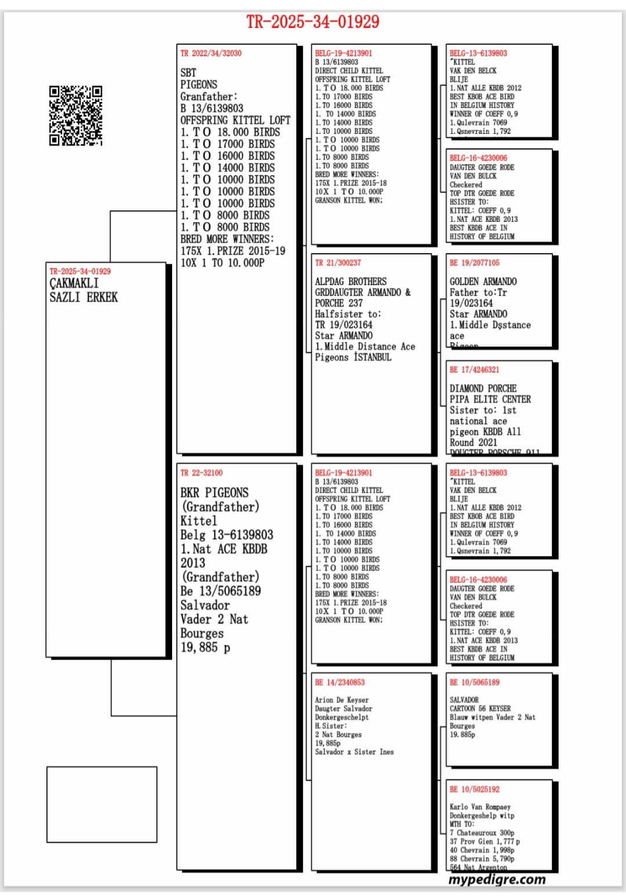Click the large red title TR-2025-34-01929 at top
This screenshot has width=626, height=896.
coord(312,22)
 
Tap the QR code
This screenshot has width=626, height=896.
coord(75,115)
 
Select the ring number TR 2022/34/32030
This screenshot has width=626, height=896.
coord(211,53)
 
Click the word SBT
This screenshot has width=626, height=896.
coord(188,73)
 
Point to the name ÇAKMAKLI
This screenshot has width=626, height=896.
coord(74,284)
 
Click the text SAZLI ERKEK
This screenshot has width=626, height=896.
coord(83,298)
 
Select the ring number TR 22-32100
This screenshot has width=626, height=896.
coord(201,473)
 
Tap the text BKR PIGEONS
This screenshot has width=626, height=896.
coord(214,493)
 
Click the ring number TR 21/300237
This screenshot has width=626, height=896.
coord(338,263)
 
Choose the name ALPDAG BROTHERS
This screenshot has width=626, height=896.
coord(351,281)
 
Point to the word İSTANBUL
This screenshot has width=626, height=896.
coord(373,357)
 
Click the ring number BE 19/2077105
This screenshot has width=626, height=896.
coord(474,263)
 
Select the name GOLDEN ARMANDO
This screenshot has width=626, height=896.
coord(483,281)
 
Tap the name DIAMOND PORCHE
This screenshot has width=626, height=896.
coord(483,389)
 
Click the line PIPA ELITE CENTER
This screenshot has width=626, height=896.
coord(490,400)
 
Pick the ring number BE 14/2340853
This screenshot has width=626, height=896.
coord(340,682)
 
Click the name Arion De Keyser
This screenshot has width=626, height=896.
coord(341,700)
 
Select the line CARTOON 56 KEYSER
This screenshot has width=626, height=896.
coord(480,708)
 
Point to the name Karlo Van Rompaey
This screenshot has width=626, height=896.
coord(480,807)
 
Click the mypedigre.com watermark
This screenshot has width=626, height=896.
coord(497,879)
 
